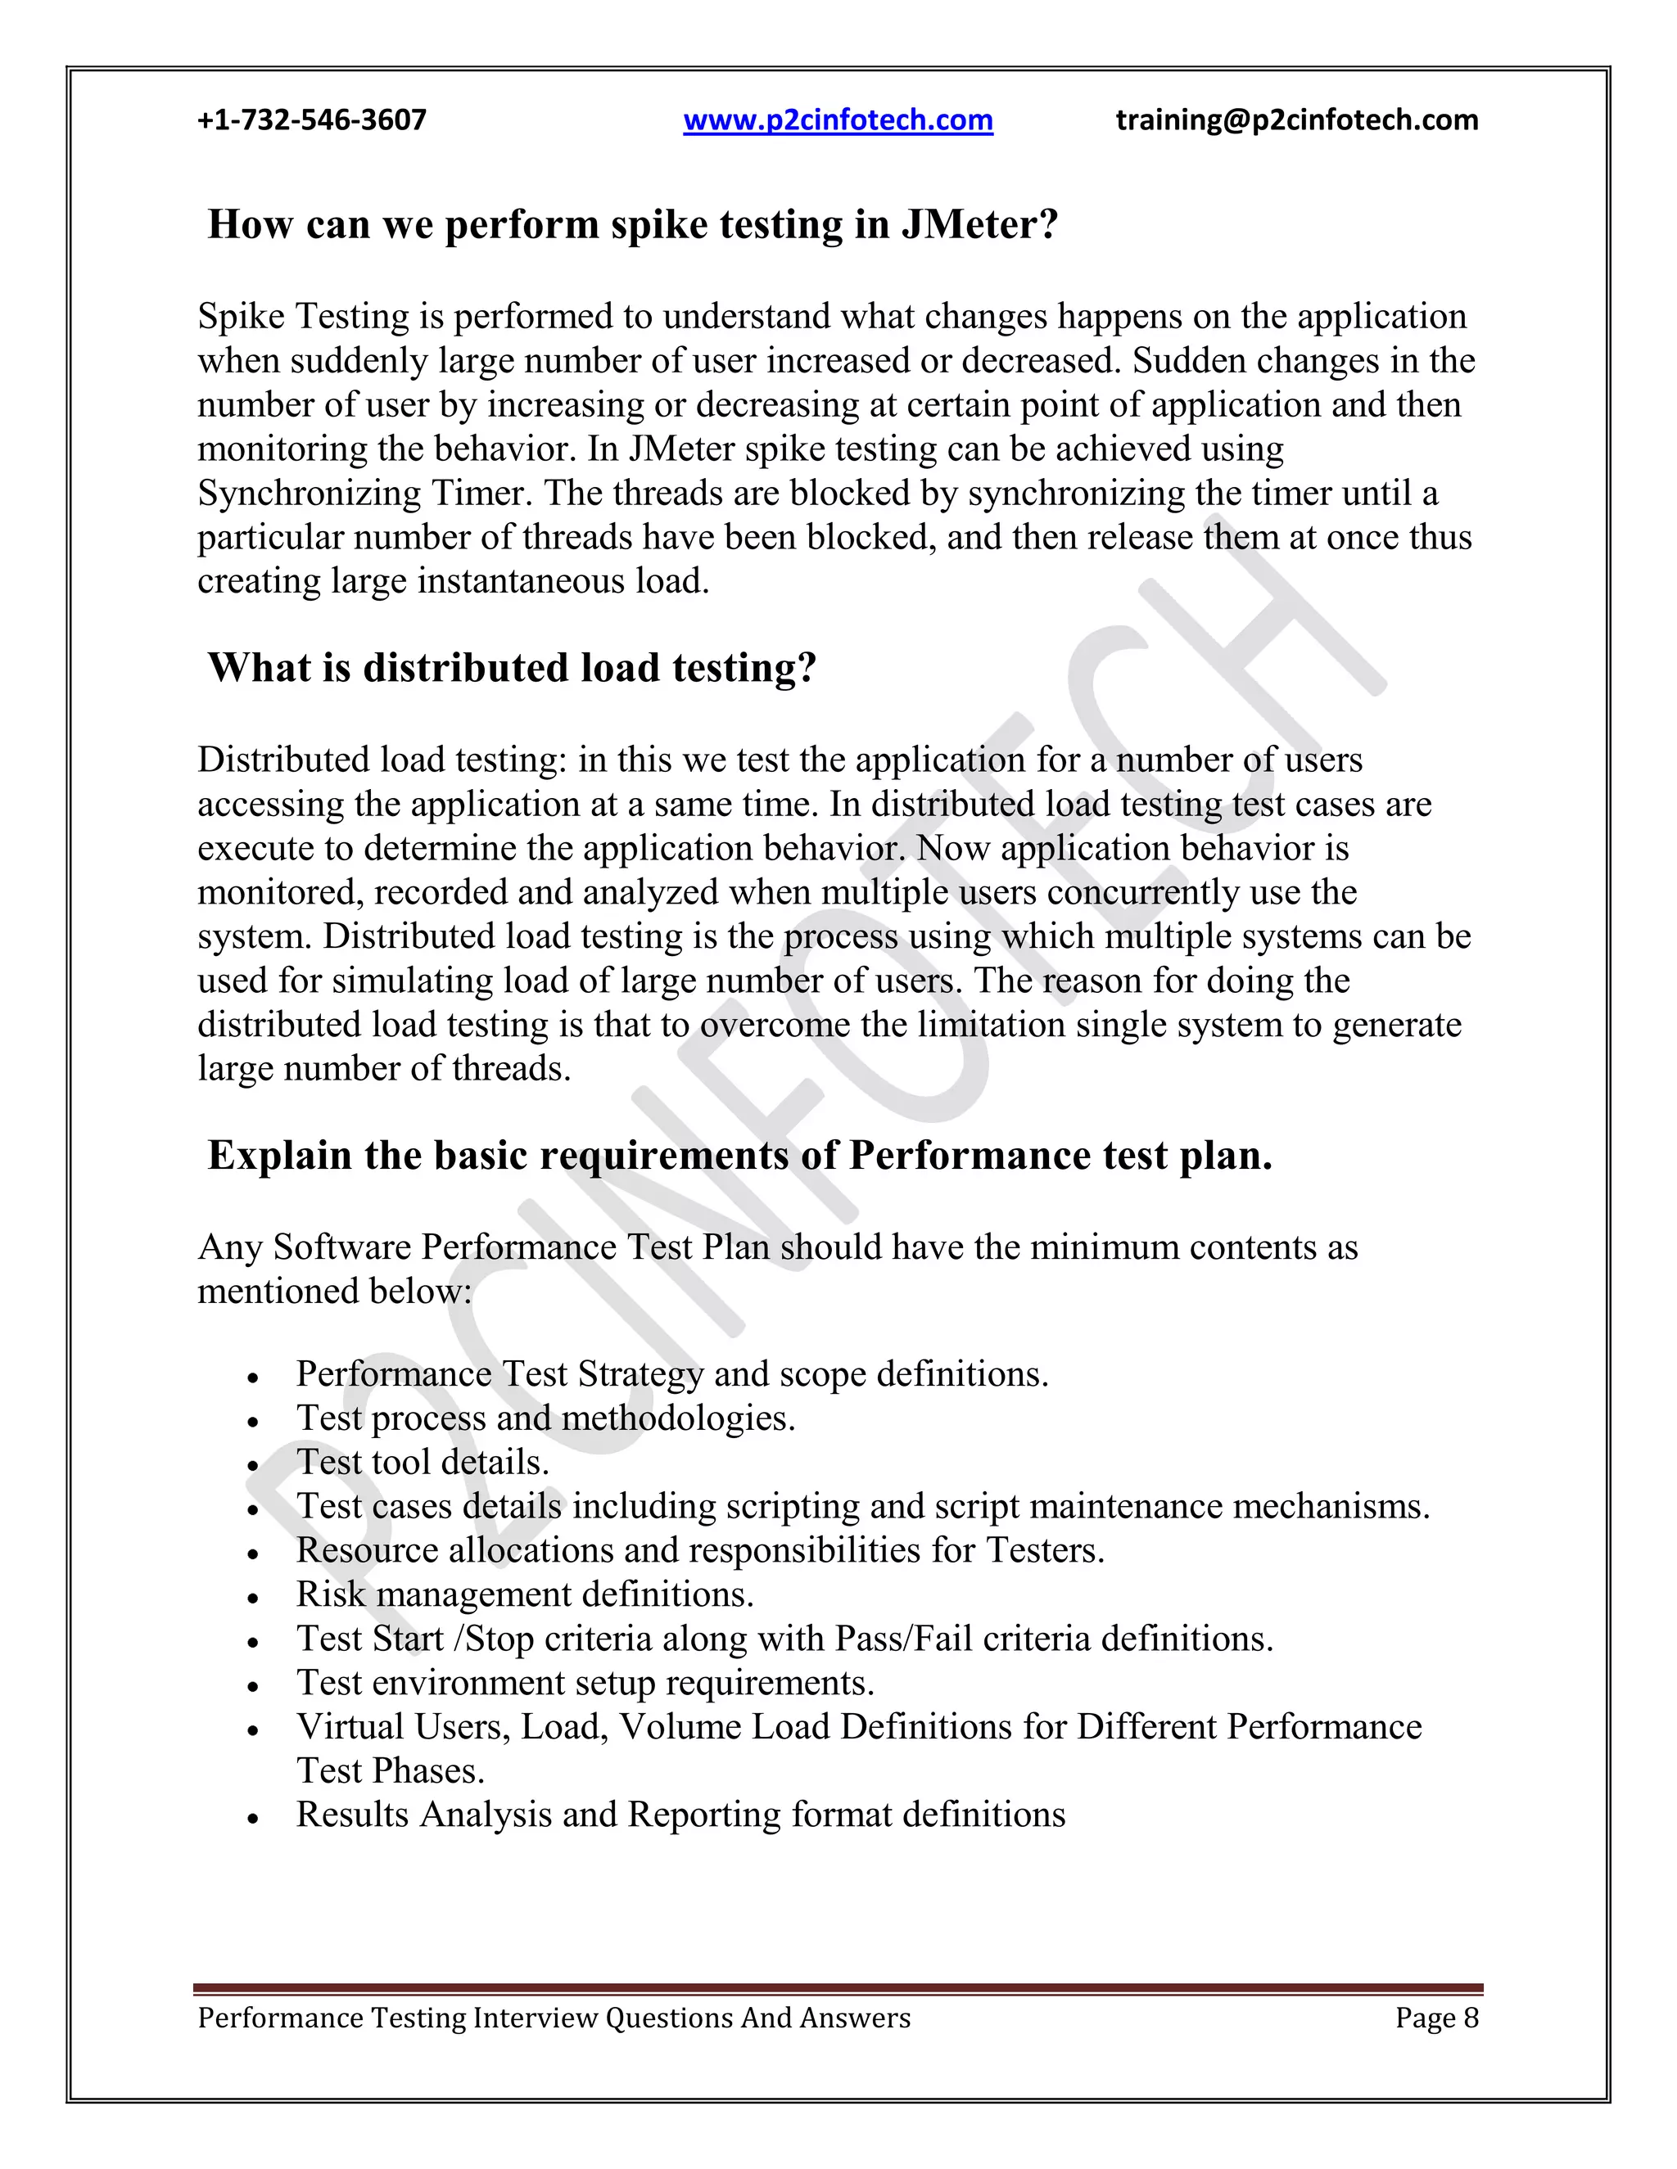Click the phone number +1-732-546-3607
coord(312,120)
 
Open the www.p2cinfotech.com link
coord(838,120)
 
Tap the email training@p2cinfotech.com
coord(1296,120)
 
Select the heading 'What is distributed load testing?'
coord(512,667)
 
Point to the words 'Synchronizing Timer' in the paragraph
coord(364,494)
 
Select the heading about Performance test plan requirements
coord(739,1155)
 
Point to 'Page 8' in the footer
coord(1436,2018)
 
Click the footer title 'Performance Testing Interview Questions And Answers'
coord(554,2018)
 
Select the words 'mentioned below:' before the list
coord(335,1291)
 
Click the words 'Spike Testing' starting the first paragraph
coord(303,317)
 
